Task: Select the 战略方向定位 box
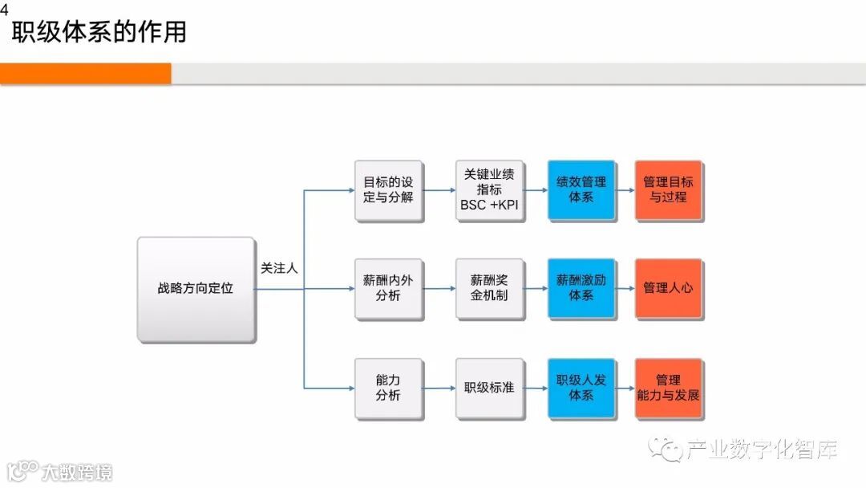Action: pyautogui.click(x=196, y=288)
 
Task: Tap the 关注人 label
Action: pyautogui.click(x=279, y=269)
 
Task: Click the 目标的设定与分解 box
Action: pyautogui.click(x=389, y=190)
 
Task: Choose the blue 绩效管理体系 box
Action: pyautogui.click(x=581, y=190)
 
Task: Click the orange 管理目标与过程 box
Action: pyautogui.click(x=669, y=190)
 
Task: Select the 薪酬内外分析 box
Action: pyautogui.click(x=389, y=289)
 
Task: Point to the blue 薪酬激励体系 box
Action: pyautogui.click(x=581, y=289)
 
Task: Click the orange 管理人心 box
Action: pyautogui.click(x=669, y=289)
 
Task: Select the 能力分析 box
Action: pyautogui.click(x=389, y=388)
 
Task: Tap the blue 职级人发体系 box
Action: pyautogui.click(x=581, y=388)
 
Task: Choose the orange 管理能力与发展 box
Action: pyautogui.click(x=669, y=388)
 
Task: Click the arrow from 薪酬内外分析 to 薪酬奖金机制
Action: pyautogui.click(x=439, y=289)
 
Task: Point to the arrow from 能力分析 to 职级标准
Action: pyautogui.click(x=439, y=388)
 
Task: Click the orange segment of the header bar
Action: pyautogui.click(x=85, y=74)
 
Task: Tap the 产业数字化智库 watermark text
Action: pyautogui.click(x=762, y=451)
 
